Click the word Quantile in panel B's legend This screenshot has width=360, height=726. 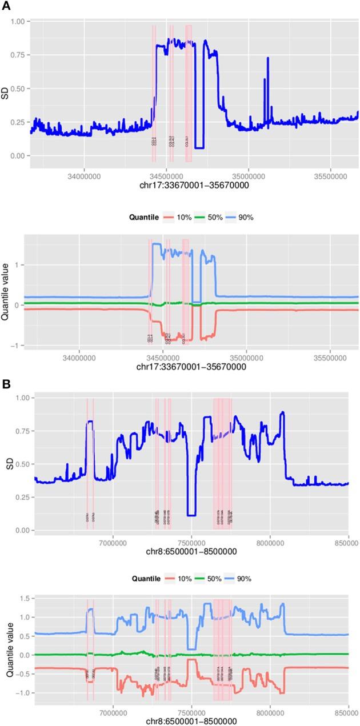[x=130, y=579]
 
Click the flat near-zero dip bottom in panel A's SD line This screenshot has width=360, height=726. [x=199, y=148]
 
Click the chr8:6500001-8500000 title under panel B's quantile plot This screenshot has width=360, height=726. [x=191, y=720]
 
